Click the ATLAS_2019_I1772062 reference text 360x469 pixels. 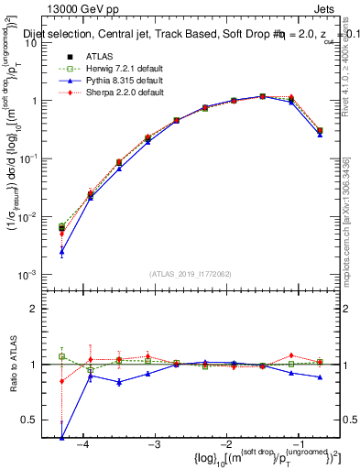[x=191, y=272]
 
